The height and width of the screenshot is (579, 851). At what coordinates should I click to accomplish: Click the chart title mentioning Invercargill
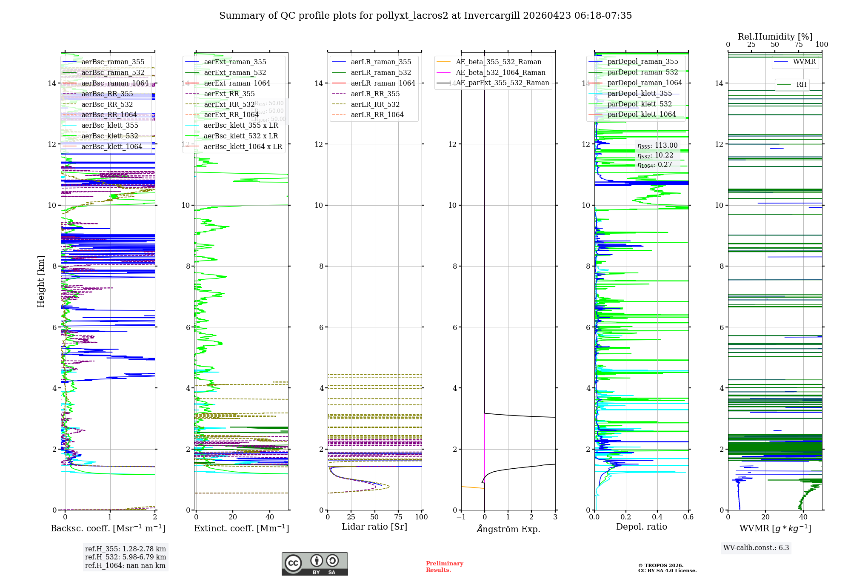pyautogui.click(x=425, y=16)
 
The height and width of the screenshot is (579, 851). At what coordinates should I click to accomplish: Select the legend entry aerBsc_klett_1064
pyautogui.click(x=112, y=146)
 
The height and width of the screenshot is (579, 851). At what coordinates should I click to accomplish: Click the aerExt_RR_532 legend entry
pyautogui.click(x=229, y=104)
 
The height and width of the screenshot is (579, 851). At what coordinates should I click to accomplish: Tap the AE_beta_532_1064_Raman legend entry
pyautogui.click(x=500, y=72)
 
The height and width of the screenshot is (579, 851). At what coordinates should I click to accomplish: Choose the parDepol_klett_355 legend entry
pyautogui.click(x=640, y=93)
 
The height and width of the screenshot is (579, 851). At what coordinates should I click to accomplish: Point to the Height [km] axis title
pyautogui.click(x=41, y=281)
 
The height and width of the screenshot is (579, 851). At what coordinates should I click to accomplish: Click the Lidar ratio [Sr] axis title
pyautogui.click(x=374, y=527)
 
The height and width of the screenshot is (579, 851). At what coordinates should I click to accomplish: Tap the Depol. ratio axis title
pyautogui.click(x=641, y=527)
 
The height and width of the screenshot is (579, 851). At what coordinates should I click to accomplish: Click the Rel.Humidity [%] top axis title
pyautogui.click(x=775, y=37)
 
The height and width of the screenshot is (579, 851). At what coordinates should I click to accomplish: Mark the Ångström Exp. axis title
pyautogui.click(x=508, y=529)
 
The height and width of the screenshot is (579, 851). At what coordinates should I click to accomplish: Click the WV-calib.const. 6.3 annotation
pyautogui.click(x=756, y=547)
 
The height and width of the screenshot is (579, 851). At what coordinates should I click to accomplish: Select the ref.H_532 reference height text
pyautogui.click(x=126, y=557)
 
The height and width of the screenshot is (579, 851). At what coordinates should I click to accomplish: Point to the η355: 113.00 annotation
pyautogui.click(x=657, y=146)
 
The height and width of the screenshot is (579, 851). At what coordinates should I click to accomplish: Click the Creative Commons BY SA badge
pyautogui.click(x=314, y=564)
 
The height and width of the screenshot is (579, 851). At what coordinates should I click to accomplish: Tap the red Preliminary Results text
pyautogui.click(x=444, y=566)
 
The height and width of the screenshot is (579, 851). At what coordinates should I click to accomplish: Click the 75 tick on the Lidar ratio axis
pyautogui.click(x=398, y=517)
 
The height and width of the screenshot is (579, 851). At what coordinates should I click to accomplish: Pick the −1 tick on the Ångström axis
pyautogui.click(x=461, y=517)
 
